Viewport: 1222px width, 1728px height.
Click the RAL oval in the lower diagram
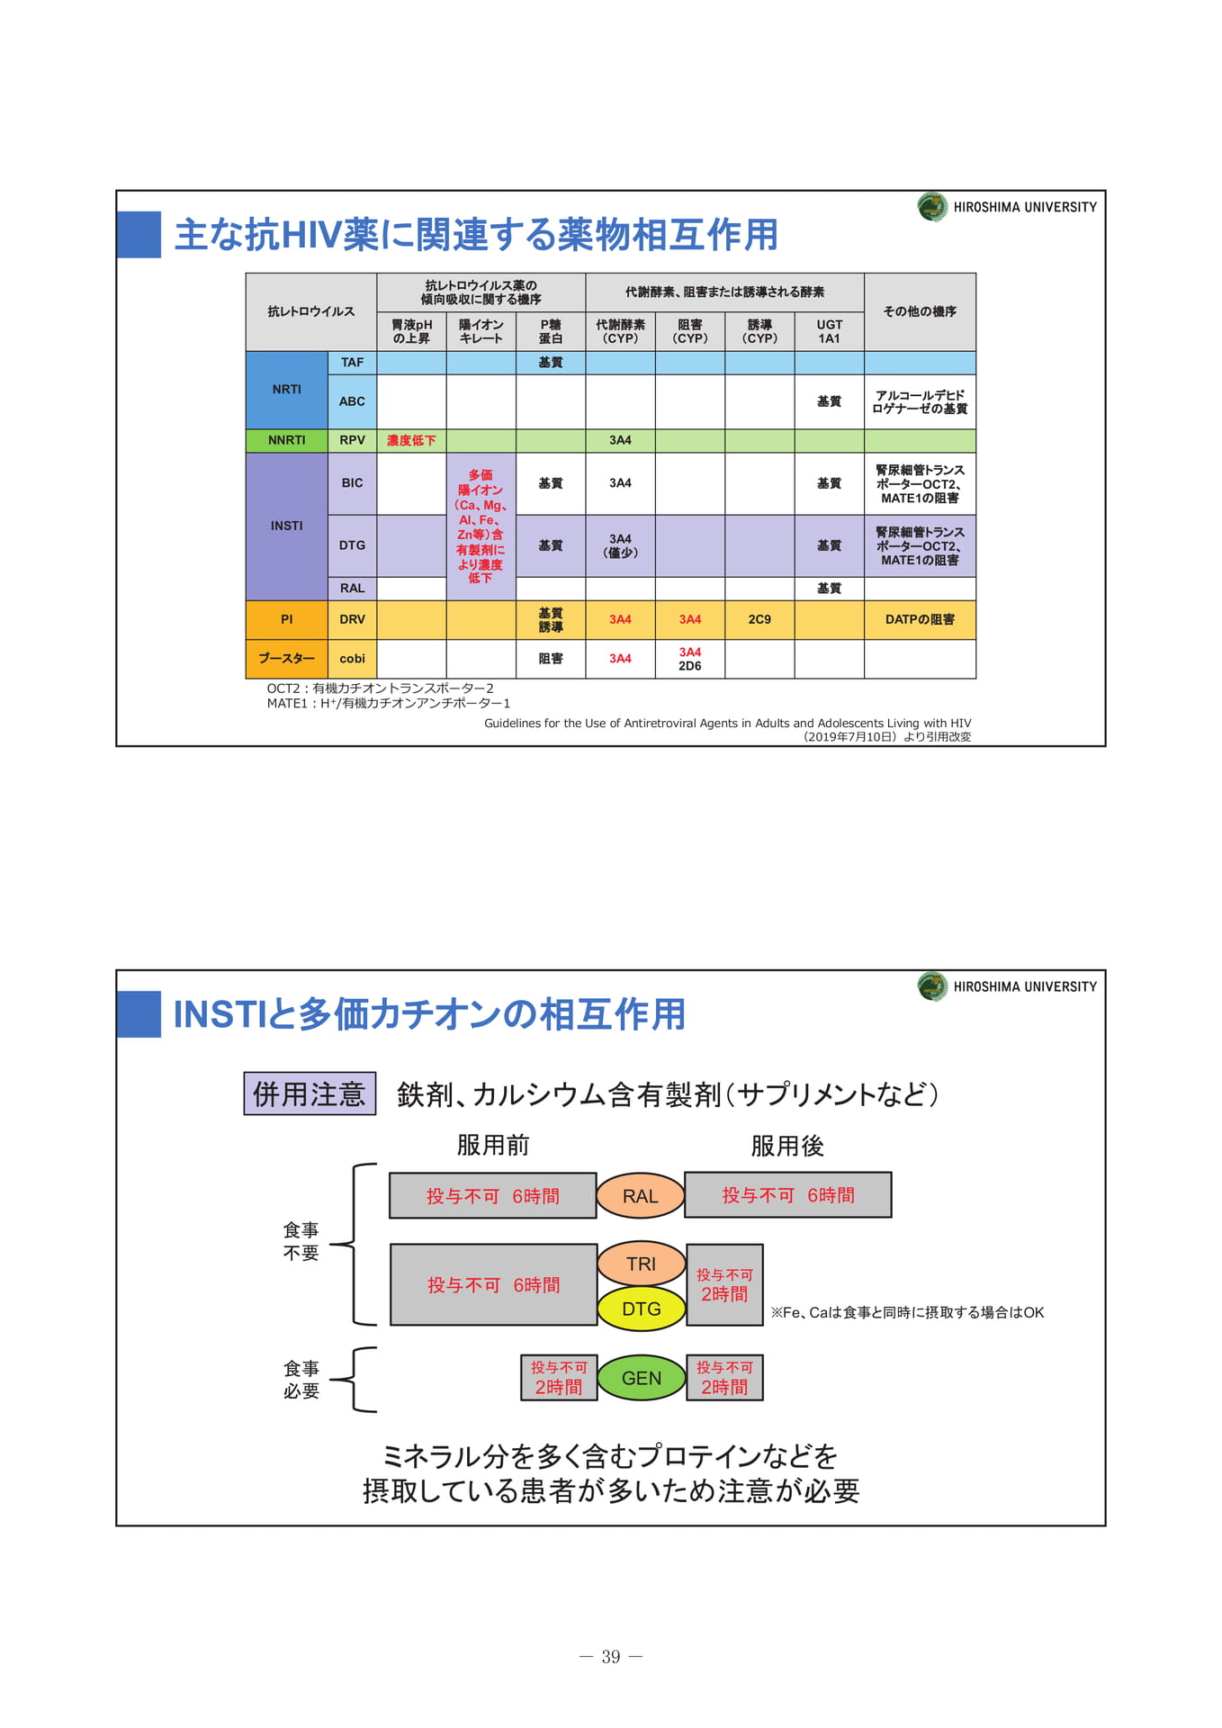[x=641, y=1195]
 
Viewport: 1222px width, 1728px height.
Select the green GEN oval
[x=642, y=1378]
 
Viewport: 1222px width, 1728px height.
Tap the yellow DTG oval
[x=642, y=1309]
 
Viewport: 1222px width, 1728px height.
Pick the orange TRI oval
[x=642, y=1264]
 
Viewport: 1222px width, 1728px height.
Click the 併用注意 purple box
[x=310, y=1093]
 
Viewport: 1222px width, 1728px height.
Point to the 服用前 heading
[x=493, y=1145]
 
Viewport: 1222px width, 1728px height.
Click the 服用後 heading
[x=787, y=1146]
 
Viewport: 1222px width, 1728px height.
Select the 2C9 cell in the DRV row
[x=759, y=620]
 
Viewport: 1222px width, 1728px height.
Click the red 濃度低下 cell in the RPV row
[x=411, y=440]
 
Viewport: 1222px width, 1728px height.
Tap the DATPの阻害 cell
[x=920, y=620]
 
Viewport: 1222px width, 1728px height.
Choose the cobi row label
[x=352, y=659]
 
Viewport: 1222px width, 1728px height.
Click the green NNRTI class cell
[x=287, y=440]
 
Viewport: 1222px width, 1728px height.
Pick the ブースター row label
[x=287, y=659]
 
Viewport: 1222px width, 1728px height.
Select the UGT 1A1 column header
[x=830, y=331]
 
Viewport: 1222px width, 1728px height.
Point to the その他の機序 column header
[x=920, y=311]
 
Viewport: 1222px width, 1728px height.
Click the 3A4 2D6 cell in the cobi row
[x=690, y=659]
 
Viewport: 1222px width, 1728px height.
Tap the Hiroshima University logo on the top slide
[x=932, y=207]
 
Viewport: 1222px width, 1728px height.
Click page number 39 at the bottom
[x=611, y=1657]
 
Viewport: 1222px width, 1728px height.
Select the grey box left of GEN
[x=559, y=1378]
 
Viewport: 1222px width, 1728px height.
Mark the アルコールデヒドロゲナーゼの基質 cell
[x=920, y=402]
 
